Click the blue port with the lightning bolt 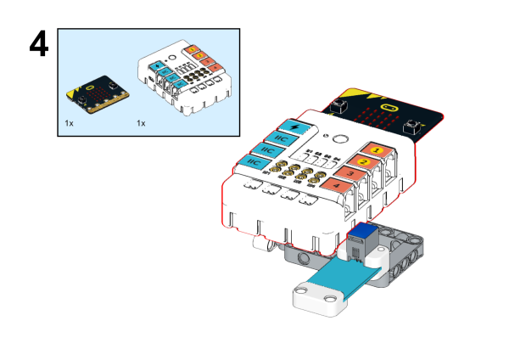[x=294, y=127]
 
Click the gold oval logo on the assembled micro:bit [x=389, y=109]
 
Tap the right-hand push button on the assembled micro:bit [x=415, y=127]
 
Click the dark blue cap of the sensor [x=362, y=233]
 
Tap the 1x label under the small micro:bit [x=69, y=124]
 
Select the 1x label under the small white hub [x=141, y=124]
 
